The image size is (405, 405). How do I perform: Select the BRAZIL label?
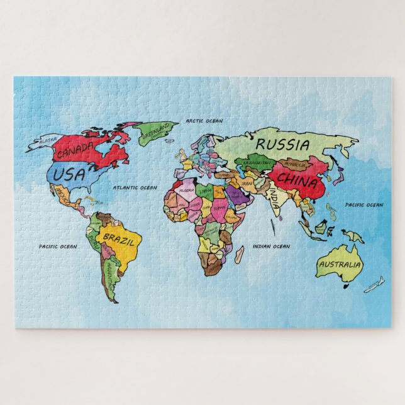point(118,239)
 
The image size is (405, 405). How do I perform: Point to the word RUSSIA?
point(283,145)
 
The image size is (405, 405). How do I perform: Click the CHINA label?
point(297,182)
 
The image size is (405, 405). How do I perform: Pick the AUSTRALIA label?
point(340,265)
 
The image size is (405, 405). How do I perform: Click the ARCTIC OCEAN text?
point(204,120)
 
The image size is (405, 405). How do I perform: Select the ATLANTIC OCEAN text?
point(135,187)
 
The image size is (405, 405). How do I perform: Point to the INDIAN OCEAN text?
point(271,247)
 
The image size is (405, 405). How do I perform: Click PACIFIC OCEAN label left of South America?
point(58,247)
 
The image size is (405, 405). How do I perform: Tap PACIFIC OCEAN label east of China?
point(363,205)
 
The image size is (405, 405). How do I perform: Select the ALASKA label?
point(48,140)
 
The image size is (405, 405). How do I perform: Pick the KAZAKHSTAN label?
point(257,163)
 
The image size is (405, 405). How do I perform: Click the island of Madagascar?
point(240,254)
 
